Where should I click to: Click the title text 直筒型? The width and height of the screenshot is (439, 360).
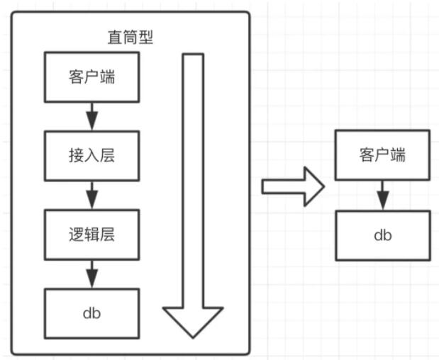130,38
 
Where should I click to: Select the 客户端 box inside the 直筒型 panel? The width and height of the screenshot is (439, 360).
91,77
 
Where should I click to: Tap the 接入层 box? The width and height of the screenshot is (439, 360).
91,156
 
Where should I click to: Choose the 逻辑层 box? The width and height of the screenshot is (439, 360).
91,235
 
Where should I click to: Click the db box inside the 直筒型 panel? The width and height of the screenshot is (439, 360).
91,313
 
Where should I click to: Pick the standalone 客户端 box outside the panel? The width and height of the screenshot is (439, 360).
382,155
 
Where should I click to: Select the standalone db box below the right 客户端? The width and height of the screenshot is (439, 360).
383,235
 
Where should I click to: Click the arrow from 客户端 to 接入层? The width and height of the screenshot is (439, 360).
91,116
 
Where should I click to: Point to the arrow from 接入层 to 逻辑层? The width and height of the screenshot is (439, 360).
91,196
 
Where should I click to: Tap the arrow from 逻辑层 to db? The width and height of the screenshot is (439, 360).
91,274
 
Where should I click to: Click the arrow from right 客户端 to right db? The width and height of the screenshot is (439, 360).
383,196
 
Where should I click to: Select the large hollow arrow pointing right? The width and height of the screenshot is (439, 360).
293,186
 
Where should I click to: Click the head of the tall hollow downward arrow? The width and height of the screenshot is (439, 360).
193,322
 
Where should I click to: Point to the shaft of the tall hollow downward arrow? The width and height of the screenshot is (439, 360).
193,181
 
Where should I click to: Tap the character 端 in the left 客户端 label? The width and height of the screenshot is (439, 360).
108,77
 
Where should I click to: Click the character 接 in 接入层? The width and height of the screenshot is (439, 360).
77,156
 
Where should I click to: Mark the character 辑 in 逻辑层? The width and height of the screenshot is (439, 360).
91,235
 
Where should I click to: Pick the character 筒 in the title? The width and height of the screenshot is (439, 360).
130,38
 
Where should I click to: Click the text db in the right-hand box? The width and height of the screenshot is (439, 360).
383,235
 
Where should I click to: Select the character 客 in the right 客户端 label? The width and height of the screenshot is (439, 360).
367,155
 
